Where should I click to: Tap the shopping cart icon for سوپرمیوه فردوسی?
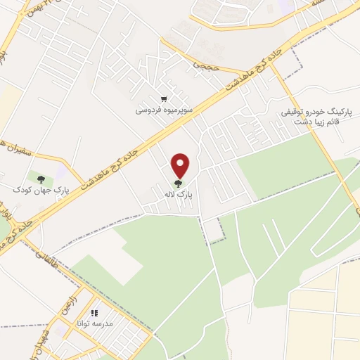163,99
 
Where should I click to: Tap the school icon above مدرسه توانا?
95,314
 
